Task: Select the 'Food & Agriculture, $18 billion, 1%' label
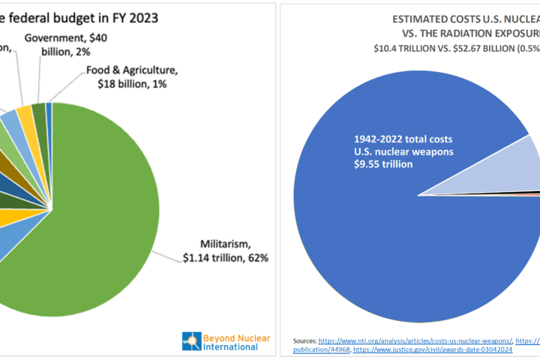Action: (x=132, y=76)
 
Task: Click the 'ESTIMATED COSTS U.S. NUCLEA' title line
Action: (x=465, y=21)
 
